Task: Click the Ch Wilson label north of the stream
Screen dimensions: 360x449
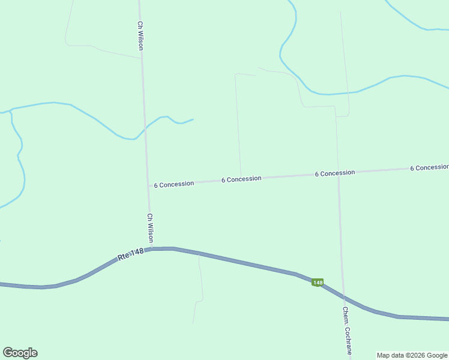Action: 140,36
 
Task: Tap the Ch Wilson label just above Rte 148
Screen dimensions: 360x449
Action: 151,228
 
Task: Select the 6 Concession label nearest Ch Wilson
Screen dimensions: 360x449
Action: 174,184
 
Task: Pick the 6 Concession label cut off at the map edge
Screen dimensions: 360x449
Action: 429,167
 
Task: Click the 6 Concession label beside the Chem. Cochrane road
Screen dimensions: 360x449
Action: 335,173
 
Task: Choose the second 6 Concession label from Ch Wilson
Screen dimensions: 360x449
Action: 241,179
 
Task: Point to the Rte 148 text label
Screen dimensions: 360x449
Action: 131,255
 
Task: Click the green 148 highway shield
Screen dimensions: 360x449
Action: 318,282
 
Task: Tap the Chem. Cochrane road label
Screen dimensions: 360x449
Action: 347,330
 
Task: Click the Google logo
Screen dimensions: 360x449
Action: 20,353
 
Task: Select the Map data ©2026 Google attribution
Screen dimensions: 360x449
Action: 412,355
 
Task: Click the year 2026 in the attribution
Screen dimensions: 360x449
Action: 415,355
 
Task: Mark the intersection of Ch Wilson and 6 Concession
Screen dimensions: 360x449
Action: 149,185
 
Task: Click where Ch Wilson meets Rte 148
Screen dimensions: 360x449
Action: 152,248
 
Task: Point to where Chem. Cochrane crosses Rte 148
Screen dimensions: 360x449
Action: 343,297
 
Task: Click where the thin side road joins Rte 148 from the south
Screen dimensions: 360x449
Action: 199,254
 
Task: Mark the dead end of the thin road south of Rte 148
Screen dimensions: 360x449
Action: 193,323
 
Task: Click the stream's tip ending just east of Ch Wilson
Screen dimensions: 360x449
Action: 193,119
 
